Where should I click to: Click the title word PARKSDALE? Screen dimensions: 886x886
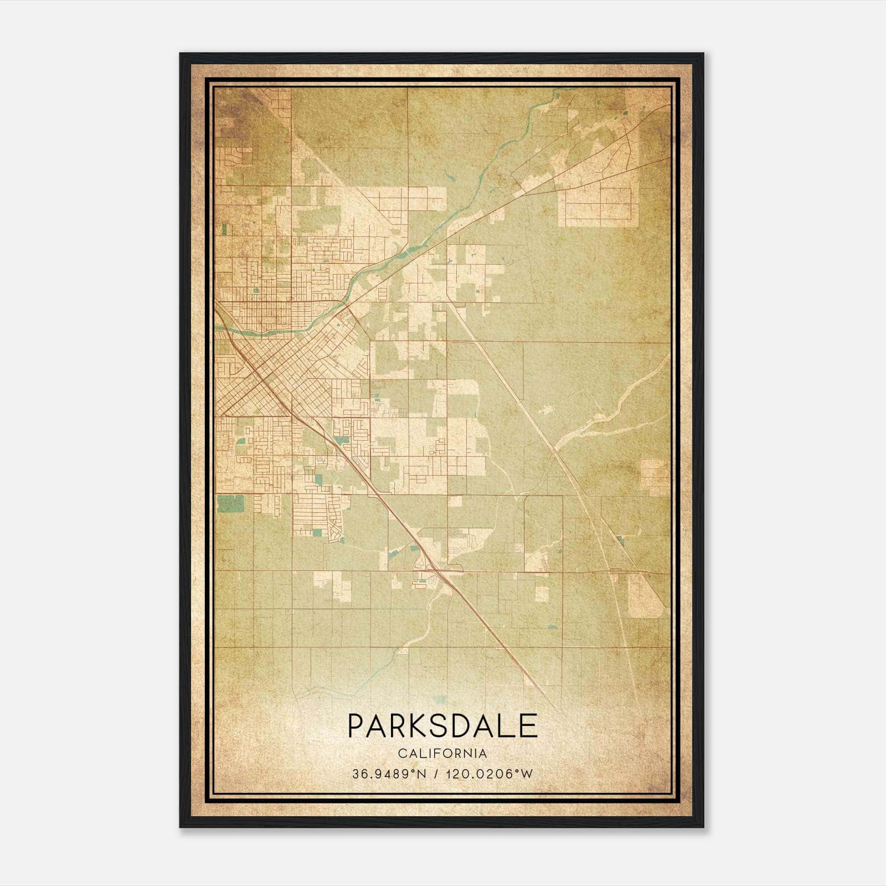pyautogui.click(x=442, y=726)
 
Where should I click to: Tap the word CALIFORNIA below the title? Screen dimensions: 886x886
pyautogui.click(x=442, y=754)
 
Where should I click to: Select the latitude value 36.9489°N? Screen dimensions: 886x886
pyautogui.click(x=389, y=774)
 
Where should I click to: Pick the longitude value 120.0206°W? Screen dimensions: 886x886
pyautogui.click(x=488, y=774)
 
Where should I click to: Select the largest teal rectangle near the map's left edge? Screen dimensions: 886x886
pyautogui.click(x=230, y=503)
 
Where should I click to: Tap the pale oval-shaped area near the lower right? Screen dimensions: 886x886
pyautogui.click(x=645, y=595)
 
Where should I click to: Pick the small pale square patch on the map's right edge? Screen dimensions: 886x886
pyautogui.click(x=655, y=477)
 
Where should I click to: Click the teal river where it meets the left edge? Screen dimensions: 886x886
pyautogui.click(x=219, y=331)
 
